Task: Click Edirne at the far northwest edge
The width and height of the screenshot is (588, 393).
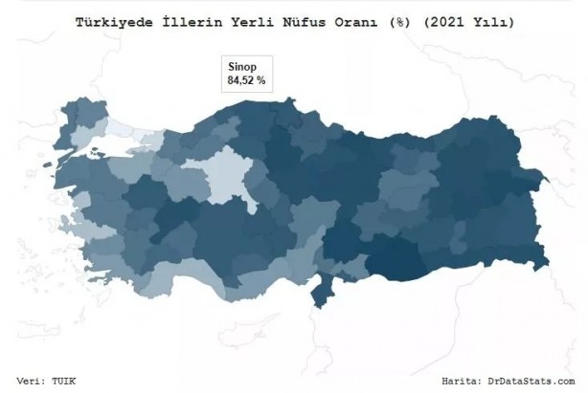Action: tap(69, 115)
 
